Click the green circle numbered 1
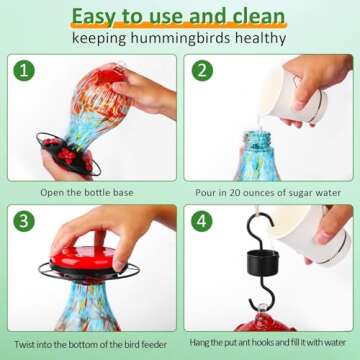click(24, 71)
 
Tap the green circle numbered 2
click(202, 71)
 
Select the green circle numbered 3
click(24, 221)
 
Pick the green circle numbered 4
click(202, 221)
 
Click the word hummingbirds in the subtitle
click(180, 39)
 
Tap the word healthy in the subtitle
click(260, 38)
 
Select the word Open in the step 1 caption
click(50, 193)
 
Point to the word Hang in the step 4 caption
click(198, 342)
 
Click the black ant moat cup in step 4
click(263, 263)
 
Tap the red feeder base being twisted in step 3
click(84, 258)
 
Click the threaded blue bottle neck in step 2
click(257, 140)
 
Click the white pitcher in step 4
click(310, 233)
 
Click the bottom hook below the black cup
click(264, 293)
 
